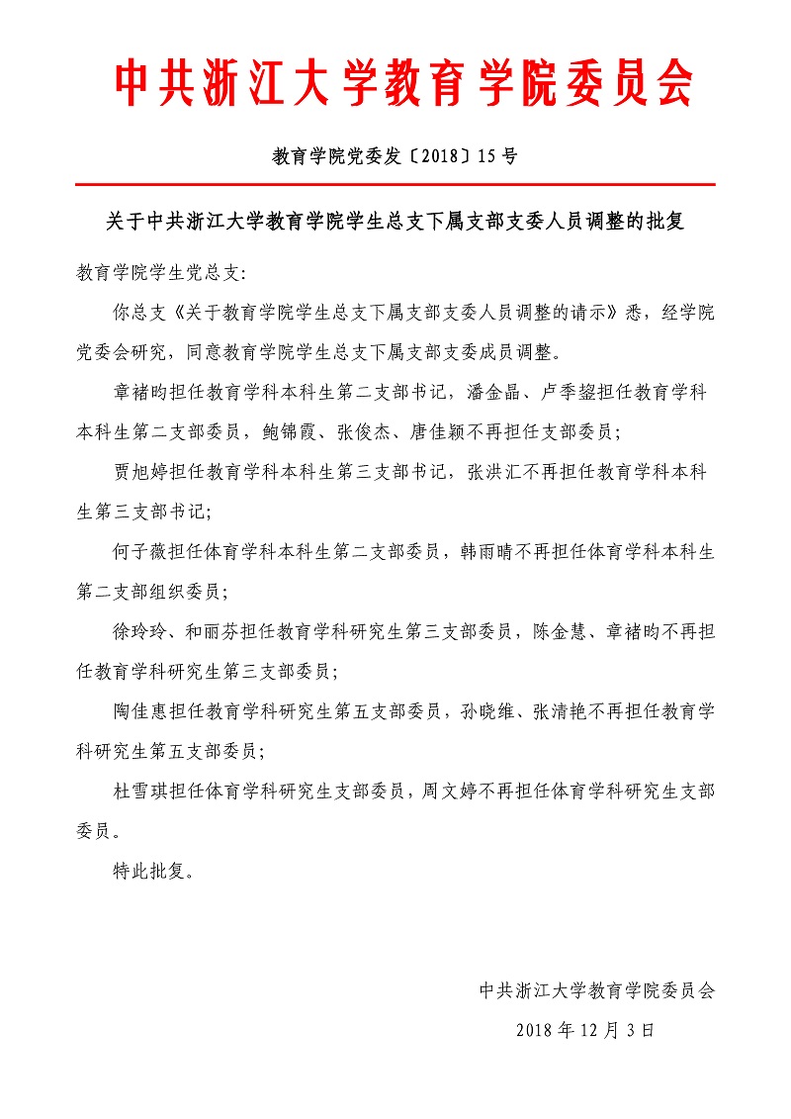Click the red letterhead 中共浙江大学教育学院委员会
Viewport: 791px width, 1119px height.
coord(402,82)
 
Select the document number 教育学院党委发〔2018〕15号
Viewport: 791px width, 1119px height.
coord(395,155)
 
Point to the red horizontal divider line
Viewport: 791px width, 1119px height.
coord(395,185)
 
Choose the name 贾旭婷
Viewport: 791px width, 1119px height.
coord(142,472)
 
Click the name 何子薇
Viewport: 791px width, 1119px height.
coord(142,551)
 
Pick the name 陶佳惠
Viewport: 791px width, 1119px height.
coord(142,710)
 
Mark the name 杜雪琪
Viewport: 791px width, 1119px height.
coord(142,791)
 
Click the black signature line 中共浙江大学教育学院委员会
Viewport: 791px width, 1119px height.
coord(596,989)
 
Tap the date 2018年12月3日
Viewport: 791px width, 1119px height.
coord(585,1030)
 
